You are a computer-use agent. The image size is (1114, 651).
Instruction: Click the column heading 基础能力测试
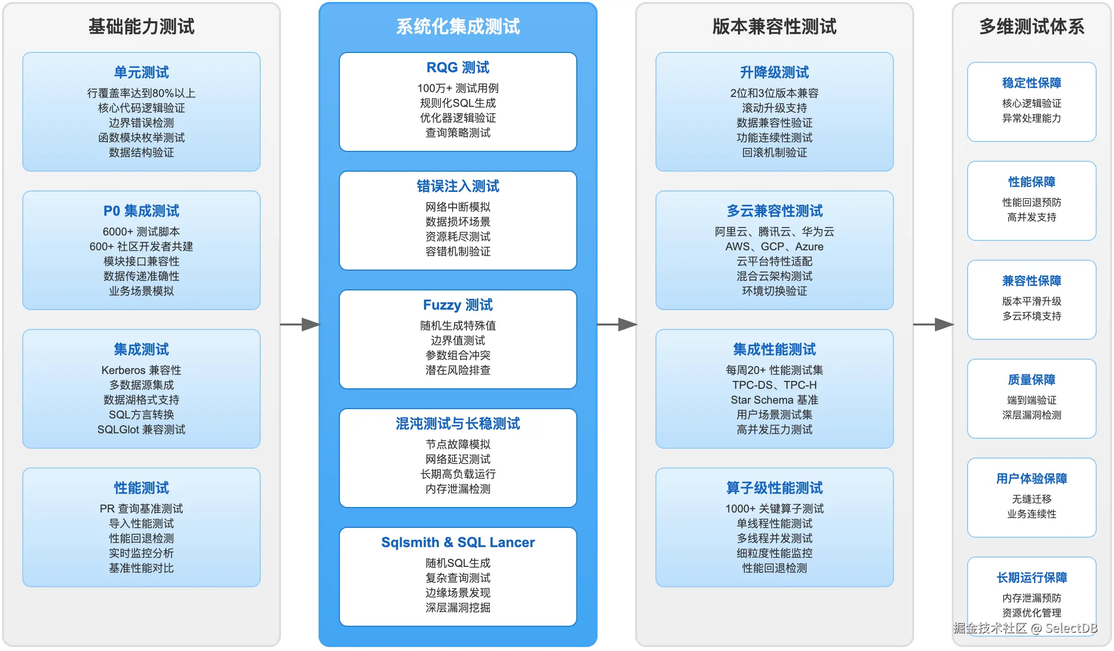[x=141, y=26]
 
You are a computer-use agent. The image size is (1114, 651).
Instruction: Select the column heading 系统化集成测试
[x=458, y=26]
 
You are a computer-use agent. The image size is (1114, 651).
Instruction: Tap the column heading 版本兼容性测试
[x=775, y=26]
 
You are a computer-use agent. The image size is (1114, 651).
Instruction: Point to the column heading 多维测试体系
[x=1032, y=26]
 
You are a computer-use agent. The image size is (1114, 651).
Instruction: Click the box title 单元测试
[x=141, y=72]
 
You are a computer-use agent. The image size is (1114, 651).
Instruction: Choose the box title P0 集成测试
[x=141, y=211]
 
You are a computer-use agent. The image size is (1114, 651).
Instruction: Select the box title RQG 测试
[x=458, y=67]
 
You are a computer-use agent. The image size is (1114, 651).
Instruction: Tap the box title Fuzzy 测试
[x=458, y=305]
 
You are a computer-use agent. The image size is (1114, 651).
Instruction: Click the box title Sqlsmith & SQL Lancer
[x=458, y=542]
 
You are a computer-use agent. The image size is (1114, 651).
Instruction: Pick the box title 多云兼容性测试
[x=775, y=211]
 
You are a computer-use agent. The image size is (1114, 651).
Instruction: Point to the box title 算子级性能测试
[x=775, y=488]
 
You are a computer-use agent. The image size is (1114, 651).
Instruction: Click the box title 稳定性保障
[x=1032, y=83]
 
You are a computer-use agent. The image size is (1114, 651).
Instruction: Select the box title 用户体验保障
[x=1032, y=478]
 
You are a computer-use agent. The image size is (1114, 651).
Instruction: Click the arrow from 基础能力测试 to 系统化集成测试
[x=300, y=325]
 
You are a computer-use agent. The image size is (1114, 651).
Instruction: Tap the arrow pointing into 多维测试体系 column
[x=933, y=325]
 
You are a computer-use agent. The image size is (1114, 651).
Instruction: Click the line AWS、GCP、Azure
[x=775, y=246]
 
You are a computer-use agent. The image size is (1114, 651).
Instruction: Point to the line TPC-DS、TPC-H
[x=775, y=385]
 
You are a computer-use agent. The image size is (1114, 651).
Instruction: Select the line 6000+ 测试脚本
[x=141, y=232]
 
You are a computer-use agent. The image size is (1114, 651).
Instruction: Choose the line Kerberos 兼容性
[x=141, y=370]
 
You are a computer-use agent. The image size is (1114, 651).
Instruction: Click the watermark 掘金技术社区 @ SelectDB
[x=1025, y=628]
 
